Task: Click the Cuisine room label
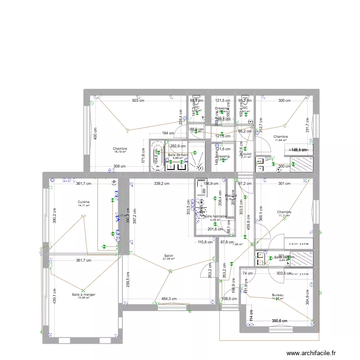pos(84,202)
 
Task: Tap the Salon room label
pos(168,256)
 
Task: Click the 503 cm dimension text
pos(139,101)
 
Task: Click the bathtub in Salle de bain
pos(157,156)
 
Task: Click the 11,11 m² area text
pos(284,216)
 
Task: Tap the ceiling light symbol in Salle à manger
pos(83,289)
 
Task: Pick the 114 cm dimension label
pos(251,315)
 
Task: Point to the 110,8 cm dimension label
pos(205,242)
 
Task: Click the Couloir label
pos(247,154)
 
